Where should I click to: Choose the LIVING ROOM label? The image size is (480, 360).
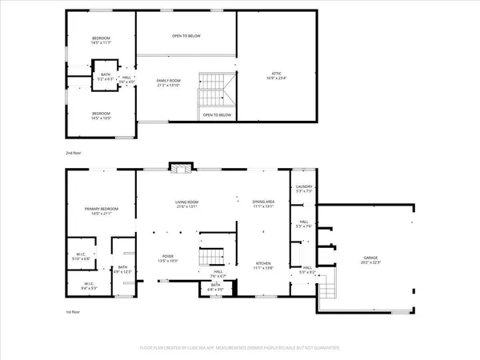click(186, 203)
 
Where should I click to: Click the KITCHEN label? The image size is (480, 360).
click(264, 265)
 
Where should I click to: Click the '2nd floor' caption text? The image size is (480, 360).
click(74, 152)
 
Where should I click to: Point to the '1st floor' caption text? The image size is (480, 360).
click(74, 313)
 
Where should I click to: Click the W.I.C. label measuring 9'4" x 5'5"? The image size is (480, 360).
click(89, 286)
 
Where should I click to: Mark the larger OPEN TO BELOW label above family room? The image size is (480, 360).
click(186, 35)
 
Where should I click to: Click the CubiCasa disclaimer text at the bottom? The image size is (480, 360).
click(239, 349)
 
